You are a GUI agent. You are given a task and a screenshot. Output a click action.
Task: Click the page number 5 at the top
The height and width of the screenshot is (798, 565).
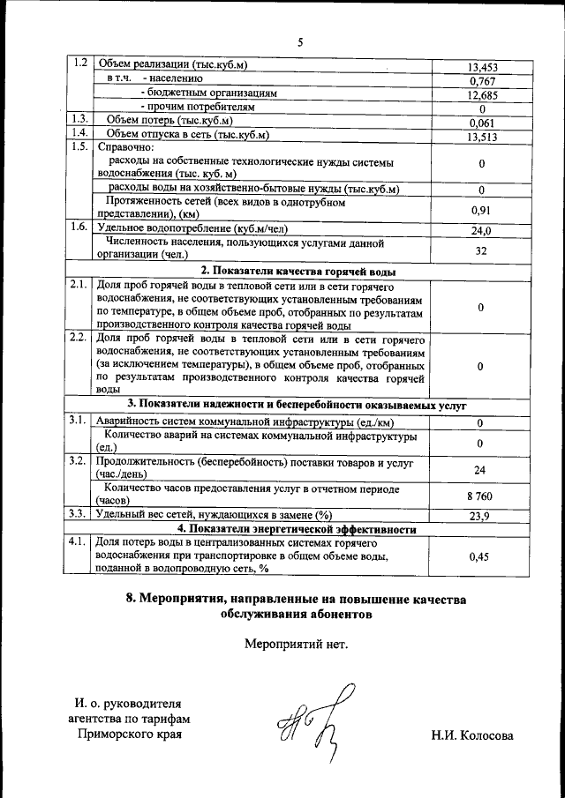[300, 41]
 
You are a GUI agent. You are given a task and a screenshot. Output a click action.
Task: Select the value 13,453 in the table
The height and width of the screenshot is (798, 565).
[481, 66]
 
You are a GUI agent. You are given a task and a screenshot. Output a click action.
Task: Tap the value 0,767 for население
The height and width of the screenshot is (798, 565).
[481, 81]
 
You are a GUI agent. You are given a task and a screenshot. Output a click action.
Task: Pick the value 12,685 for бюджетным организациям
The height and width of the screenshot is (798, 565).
[481, 95]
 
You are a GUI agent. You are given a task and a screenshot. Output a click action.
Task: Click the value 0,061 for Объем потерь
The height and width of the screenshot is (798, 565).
[481, 123]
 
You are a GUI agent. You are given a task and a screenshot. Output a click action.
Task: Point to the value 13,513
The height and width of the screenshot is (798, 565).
[481, 137]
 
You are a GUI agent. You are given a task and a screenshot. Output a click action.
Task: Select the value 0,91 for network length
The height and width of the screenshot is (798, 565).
[481, 210]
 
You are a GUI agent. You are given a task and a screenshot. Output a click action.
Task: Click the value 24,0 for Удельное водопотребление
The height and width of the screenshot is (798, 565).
[481, 230]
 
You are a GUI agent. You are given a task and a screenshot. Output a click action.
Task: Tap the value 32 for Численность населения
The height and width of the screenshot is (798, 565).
[481, 250]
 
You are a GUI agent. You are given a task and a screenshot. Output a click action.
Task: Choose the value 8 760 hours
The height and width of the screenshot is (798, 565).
[481, 496]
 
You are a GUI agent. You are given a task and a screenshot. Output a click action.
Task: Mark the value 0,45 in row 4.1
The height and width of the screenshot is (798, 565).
[481, 556]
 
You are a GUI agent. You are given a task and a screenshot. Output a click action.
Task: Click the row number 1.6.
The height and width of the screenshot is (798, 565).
[79, 227]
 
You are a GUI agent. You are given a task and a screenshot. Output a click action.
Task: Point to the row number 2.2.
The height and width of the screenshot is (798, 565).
[79, 337]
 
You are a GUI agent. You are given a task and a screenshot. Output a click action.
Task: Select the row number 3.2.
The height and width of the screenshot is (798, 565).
[79, 460]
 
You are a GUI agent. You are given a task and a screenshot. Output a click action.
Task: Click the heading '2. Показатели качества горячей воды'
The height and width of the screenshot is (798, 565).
[298, 271]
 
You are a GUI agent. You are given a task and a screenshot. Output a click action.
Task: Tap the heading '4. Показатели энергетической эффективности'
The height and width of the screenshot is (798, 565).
[298, 529]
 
